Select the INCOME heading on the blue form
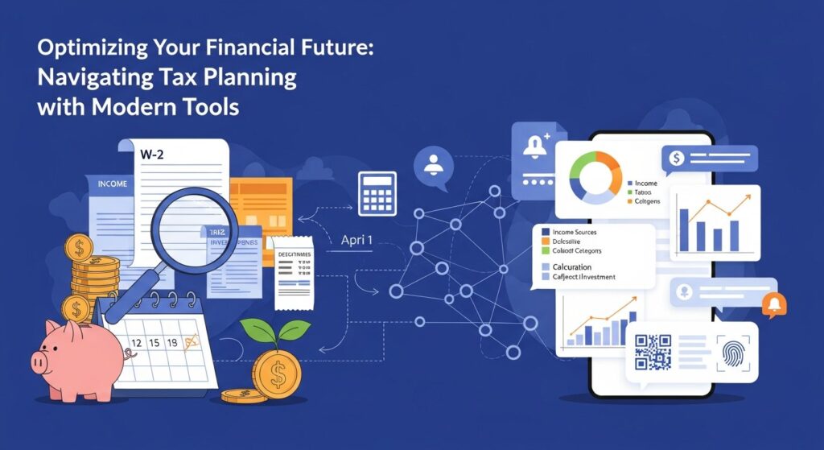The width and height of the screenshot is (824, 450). [x=112, y=184]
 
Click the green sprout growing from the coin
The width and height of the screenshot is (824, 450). [x=274, y=331]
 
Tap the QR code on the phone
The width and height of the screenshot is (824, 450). [x=653, y=353]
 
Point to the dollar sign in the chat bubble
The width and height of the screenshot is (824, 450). [x=677, y=159]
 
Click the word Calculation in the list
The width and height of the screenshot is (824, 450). [x=572, y=266]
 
